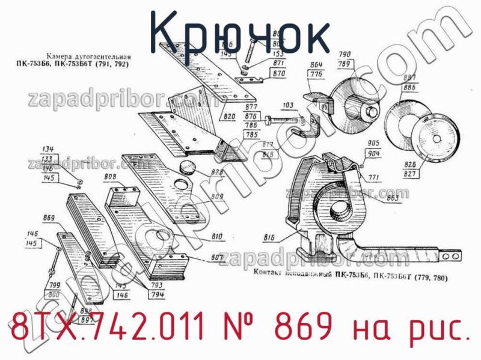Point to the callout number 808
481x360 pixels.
110,177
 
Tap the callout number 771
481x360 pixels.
374,177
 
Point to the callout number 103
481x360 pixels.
288,105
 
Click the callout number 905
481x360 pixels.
373,143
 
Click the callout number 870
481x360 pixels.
278,74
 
